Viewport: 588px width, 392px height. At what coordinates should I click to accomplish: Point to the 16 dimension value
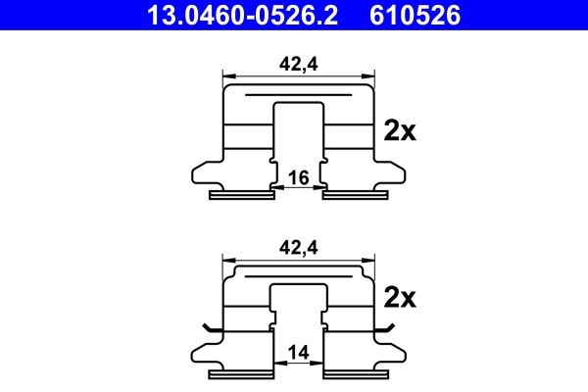[x=299, y=177]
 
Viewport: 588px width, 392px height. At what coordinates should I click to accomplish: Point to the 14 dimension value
[x=299, y=352]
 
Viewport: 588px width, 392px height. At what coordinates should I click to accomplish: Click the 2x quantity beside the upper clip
[x=400, y=131]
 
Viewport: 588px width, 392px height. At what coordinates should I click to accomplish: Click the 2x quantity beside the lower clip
[x=400, y=296]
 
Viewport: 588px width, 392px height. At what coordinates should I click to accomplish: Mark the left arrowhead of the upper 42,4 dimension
[x=228, y=73]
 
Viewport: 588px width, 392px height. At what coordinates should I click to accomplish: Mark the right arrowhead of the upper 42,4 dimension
[x=370, y=73]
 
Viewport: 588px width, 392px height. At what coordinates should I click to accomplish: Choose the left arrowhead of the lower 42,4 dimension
[x=228, y=261]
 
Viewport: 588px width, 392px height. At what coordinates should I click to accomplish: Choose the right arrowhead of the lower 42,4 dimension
[x=370, y=261]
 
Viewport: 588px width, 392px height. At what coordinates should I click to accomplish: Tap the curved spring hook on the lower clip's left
[x=210, y=327]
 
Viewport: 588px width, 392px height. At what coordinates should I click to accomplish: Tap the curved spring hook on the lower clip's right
[x=389, y=327]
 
